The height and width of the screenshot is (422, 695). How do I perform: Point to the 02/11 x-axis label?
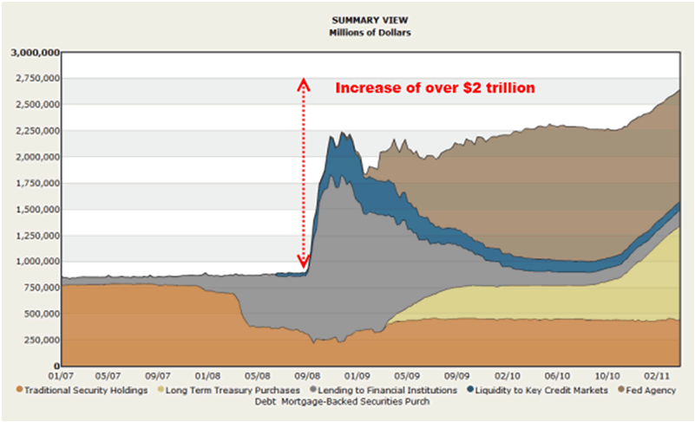[x=652, y=376]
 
